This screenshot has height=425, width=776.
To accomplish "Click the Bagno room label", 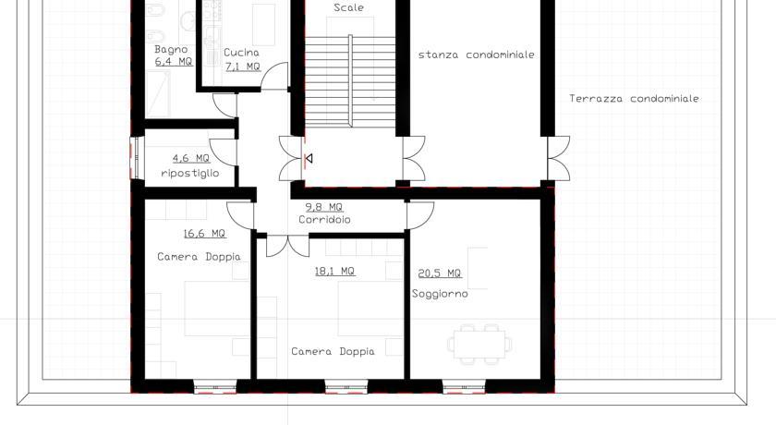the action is (x=171, y=50).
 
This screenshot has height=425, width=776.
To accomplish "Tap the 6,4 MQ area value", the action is (x=174, y=62).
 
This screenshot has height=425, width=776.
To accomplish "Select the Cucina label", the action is (x=241, y=53).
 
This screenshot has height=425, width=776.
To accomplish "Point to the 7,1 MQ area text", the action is (x=243, y=67).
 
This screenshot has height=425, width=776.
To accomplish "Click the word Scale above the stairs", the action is (x=349, y=7).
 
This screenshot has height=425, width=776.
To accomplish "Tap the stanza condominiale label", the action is (x=477, y=55).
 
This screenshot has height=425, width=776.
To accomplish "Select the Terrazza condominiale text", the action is (x=634, y=99).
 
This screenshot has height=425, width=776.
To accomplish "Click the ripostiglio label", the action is (x=190, y=173).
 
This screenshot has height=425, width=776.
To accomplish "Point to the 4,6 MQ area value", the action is (x=191, y=158).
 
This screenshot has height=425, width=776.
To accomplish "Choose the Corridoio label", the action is (x=324, y=219).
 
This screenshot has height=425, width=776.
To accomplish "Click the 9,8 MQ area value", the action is (x=323, y=207).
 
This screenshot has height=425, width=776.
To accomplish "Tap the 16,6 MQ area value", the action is (x=204, y=233).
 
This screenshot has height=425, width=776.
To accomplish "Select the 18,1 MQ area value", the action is (x=335, y=271).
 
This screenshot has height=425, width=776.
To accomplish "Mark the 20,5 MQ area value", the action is (x=440, y=273).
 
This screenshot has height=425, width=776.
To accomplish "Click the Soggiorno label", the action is (x=440, y=294).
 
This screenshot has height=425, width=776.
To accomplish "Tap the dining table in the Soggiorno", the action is (x=479, y=345).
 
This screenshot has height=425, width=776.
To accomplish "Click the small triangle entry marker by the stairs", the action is (x=309, y=158).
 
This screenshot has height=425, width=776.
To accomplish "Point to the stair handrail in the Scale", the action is (x=350, y=80).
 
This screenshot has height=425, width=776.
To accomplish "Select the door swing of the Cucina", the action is (x=274, y=76).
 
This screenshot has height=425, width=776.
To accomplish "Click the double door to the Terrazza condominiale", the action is (x=558, y=158).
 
